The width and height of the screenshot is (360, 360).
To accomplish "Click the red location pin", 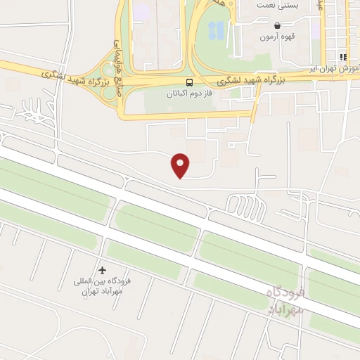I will (x=181, y=165).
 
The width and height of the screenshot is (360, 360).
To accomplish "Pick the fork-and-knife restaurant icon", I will (x=343, y=57).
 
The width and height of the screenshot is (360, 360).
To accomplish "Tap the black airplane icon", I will (x=103, y=270).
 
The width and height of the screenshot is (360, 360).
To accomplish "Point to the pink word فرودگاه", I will (x=284, y=292).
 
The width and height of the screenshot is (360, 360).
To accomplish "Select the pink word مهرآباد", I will (x=286, y=309).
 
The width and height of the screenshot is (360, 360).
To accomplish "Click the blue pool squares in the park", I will (x=218, y=30).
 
